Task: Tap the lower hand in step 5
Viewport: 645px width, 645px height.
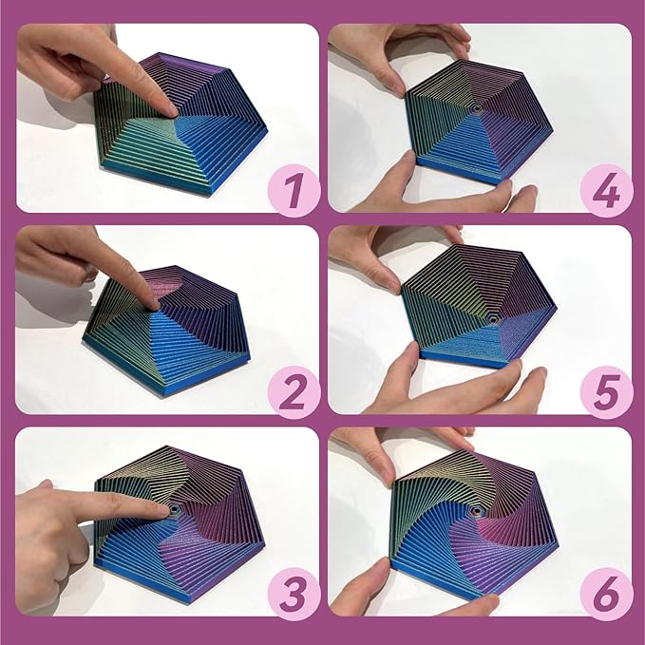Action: [x=446, y=385]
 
